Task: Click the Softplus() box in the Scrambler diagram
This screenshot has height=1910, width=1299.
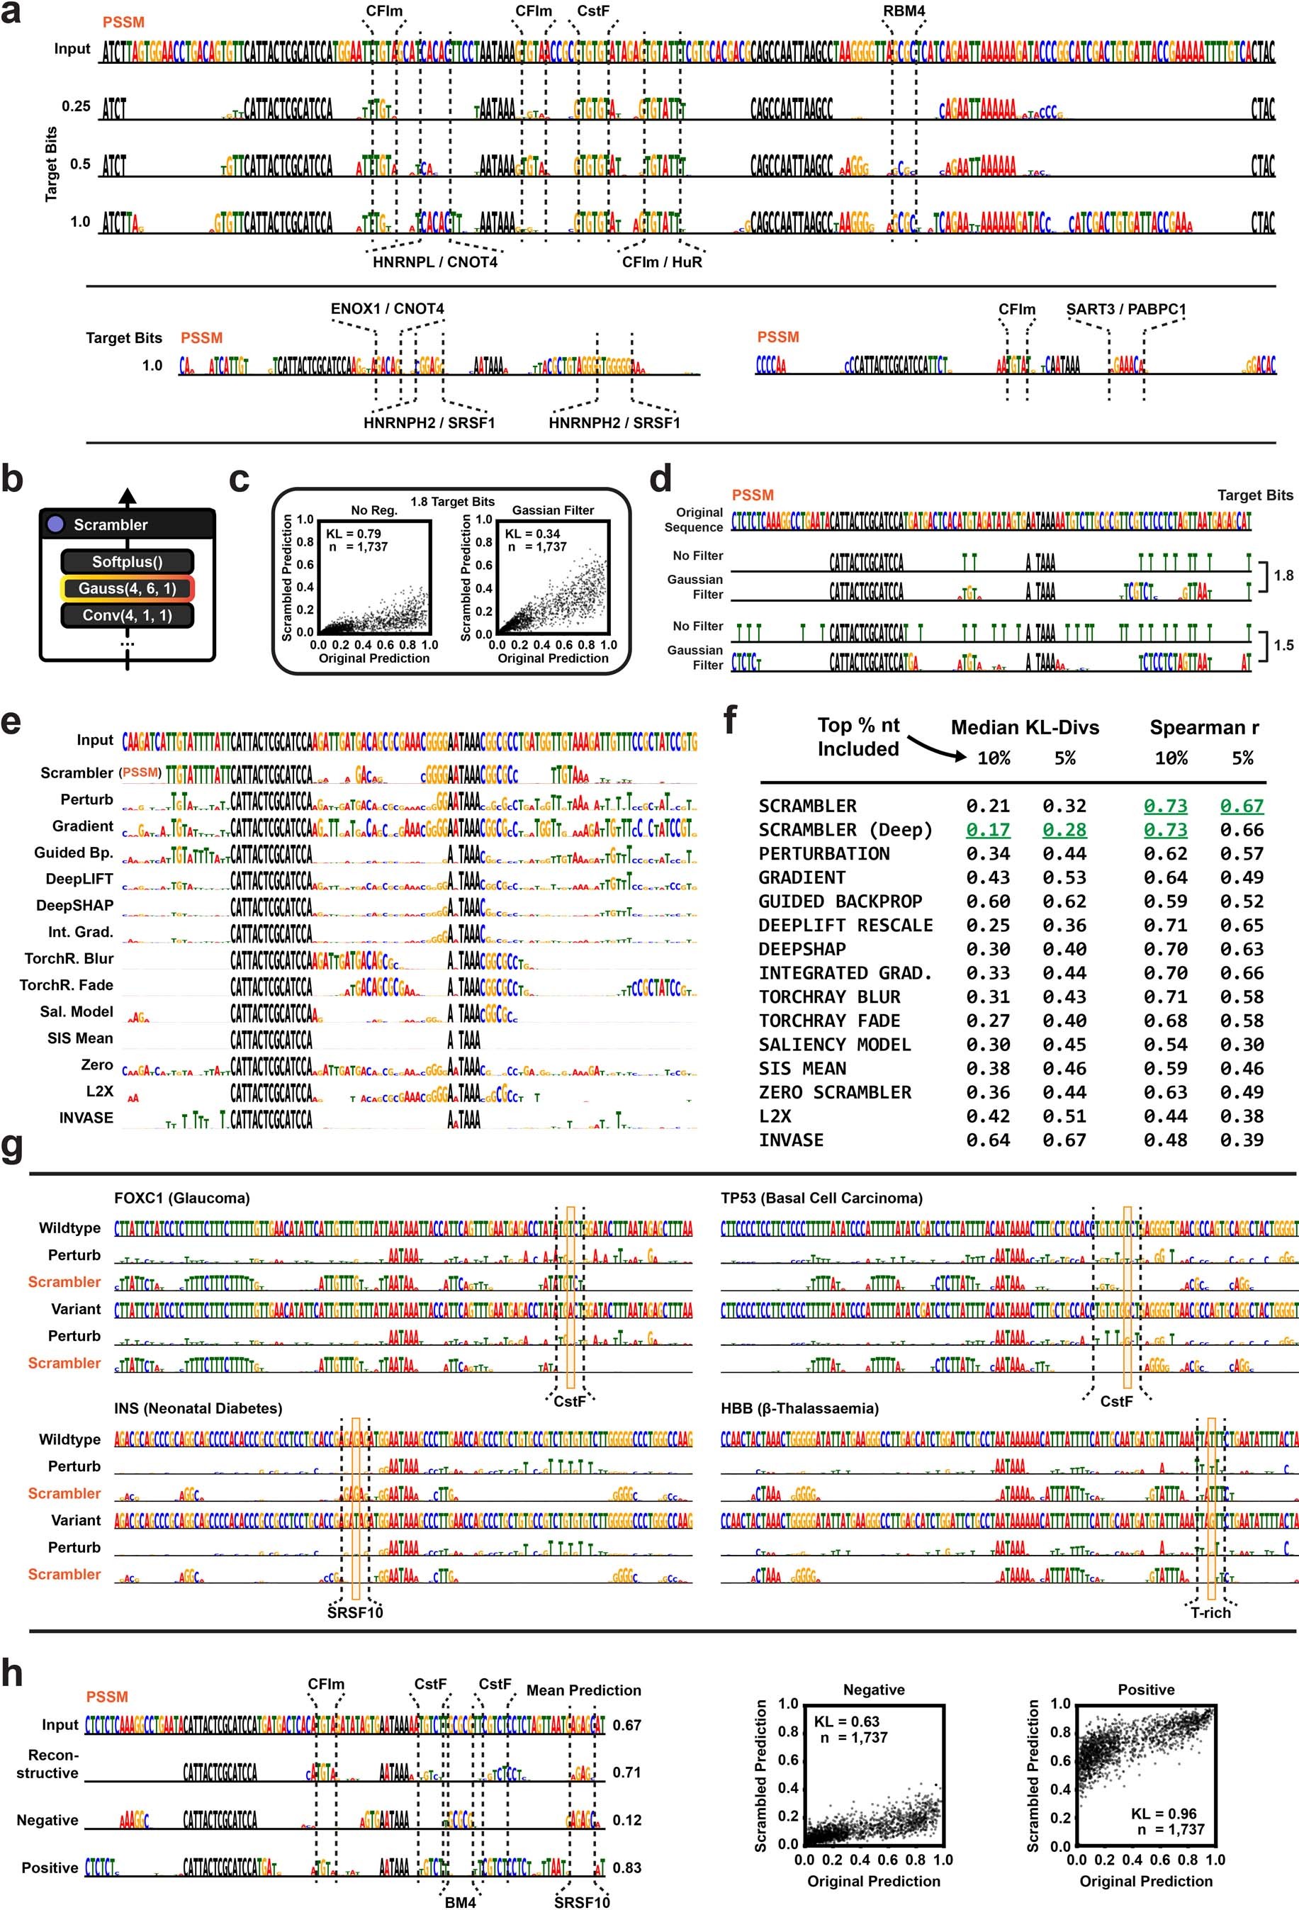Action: point(128,562)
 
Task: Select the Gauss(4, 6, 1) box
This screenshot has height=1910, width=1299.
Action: point(128,588)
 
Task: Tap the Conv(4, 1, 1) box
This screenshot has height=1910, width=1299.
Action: point(128,614)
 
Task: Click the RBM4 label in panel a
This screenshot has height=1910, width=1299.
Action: point(904,11)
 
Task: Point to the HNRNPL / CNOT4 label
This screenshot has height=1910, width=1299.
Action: point(434,262)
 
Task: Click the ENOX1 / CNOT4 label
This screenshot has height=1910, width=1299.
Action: point(387,309)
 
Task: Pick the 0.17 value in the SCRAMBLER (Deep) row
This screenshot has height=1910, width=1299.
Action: point(988,830)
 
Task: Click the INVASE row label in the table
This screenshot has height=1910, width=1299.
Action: point(790,1140)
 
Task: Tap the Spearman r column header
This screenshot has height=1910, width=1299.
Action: point(1204,727)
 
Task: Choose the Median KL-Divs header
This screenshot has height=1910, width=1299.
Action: point(1025,727)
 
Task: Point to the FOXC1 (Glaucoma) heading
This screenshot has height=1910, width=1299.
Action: point(181,1198)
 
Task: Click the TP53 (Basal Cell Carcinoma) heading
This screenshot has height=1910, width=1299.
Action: point(821,1198)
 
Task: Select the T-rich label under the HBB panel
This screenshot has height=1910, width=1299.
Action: point(1210,1612)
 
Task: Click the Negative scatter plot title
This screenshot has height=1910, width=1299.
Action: point(873,1690)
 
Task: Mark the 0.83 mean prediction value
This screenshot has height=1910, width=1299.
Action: point(627,1867)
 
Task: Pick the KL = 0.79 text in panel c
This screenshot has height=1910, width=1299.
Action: point(354,534)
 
